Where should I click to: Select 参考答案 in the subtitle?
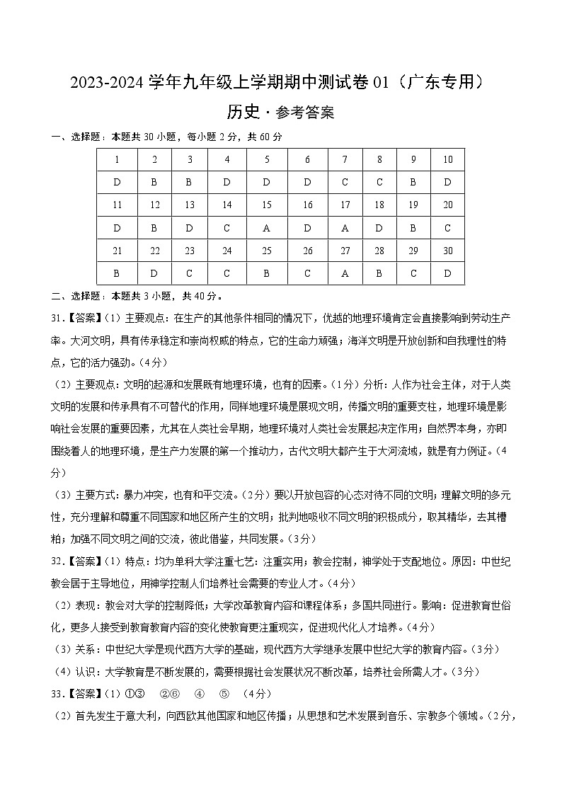(x=305, y=113)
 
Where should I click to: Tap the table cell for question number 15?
(x=267, y=205)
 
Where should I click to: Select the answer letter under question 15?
(x=267, y=228)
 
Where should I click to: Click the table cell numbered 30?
(x=447, y=251)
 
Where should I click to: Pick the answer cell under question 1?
(x=116, y=183)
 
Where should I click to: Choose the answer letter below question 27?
(x=345, y=273)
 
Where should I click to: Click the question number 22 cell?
(x=155, y=251)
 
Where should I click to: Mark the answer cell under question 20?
(x=447, y=228)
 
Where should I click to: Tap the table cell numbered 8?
(x=379, y=160)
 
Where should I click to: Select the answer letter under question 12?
(x=155, y=228)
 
